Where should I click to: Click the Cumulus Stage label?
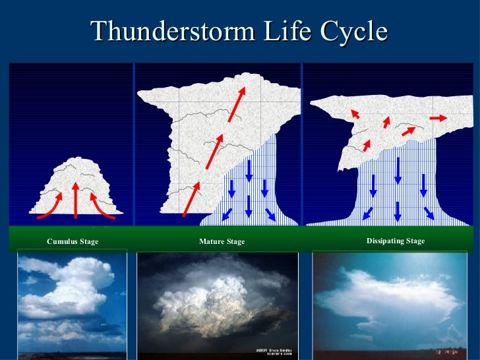point(73,242)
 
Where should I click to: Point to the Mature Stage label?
point(222,242)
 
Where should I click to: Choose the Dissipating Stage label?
point(396,241)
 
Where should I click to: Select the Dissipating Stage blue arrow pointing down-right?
point(429,213)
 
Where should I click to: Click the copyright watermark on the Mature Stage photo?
point(274,351)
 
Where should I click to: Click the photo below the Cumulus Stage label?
point(72,304)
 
